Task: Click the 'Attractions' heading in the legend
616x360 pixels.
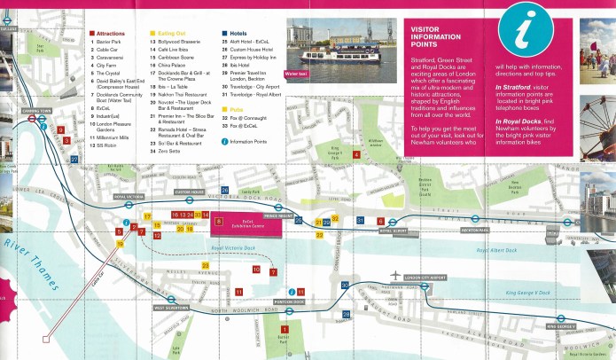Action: coord(116,33)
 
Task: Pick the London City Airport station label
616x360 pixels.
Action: coord(423,278)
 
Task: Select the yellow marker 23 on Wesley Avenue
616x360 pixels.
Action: coord(205,264)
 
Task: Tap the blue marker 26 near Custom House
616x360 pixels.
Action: coord(224,190)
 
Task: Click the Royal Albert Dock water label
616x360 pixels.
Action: coord(496,250)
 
